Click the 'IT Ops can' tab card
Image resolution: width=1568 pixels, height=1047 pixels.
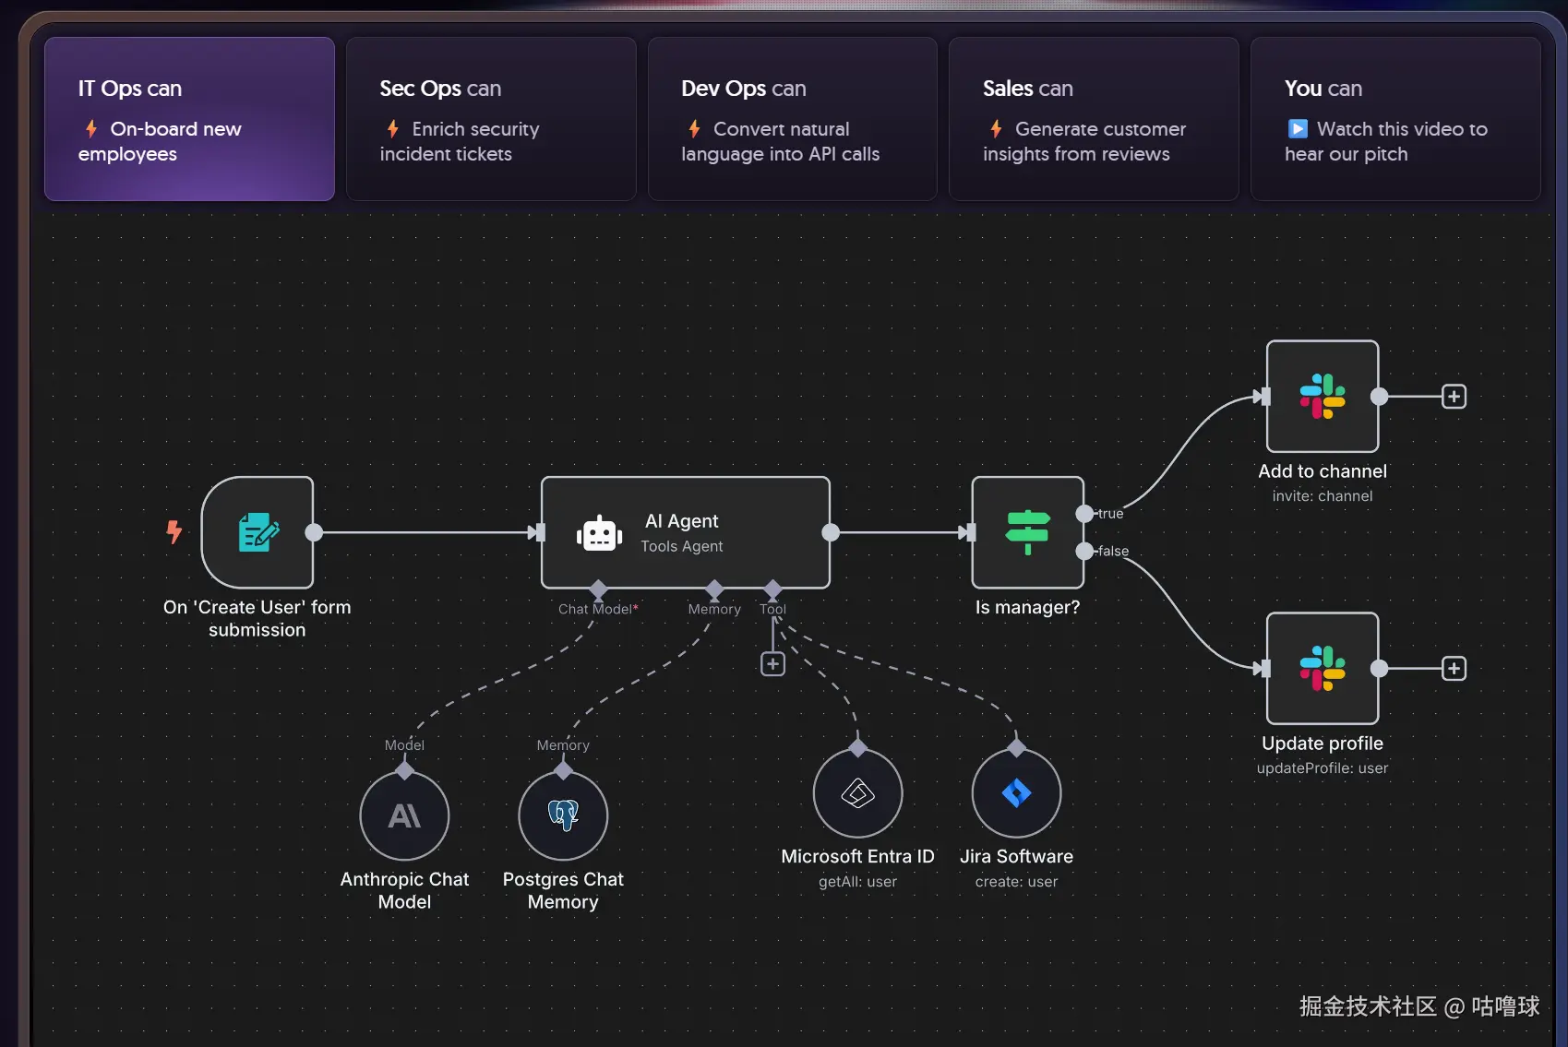[x=189, y=119]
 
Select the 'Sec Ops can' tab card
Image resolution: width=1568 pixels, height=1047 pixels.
[x=490, y=119]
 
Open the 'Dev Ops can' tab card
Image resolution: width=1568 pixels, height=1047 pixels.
[x=792, y=119]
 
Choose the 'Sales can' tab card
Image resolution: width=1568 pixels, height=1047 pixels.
[x=1093, y=119]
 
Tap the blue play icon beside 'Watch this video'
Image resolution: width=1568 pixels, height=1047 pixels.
[x=1298, y=129]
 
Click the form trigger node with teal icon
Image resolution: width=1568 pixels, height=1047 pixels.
[x=257, y=532]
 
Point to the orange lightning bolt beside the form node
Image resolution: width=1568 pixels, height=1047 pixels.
[x=174, y=531]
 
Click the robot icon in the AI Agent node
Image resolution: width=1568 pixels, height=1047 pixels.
[x=599, y=533]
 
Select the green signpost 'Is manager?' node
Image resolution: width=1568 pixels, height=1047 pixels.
[x=1027, y=532]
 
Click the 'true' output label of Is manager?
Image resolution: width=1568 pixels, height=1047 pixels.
[x=1110, y=514]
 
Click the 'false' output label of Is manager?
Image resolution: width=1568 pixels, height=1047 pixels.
[x=1113, y=552]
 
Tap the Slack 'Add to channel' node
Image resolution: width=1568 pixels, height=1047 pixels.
[x=1322, y=397]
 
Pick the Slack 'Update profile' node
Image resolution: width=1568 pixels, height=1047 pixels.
[x=1322, y=668]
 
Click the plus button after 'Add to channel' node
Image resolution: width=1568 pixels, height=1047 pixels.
[x=1454, y=397]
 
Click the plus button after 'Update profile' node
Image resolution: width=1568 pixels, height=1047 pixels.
[x=1454, y=668]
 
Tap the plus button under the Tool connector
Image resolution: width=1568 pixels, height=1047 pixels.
[x=772, y=664]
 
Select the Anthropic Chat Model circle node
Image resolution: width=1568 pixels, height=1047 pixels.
[x=404, y=815]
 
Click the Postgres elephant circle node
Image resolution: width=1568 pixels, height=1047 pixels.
[x=563, y=815]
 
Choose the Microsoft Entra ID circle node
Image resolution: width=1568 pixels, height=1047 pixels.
[x=857, y=793]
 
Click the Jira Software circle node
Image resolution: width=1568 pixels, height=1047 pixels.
[x=1016, y=793]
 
